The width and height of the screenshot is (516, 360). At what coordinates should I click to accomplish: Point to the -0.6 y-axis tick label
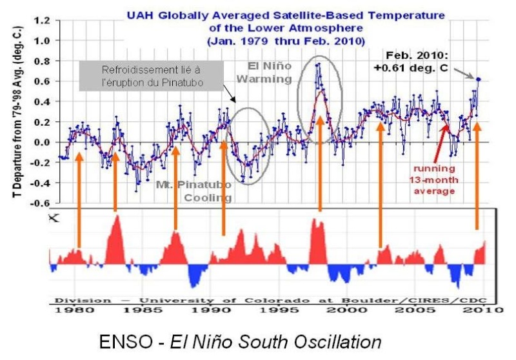40,204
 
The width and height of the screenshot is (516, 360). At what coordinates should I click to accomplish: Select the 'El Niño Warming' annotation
271,72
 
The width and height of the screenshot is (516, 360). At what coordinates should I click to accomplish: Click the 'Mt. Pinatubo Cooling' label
193,191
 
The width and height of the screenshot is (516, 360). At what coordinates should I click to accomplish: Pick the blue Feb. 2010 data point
479,79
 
